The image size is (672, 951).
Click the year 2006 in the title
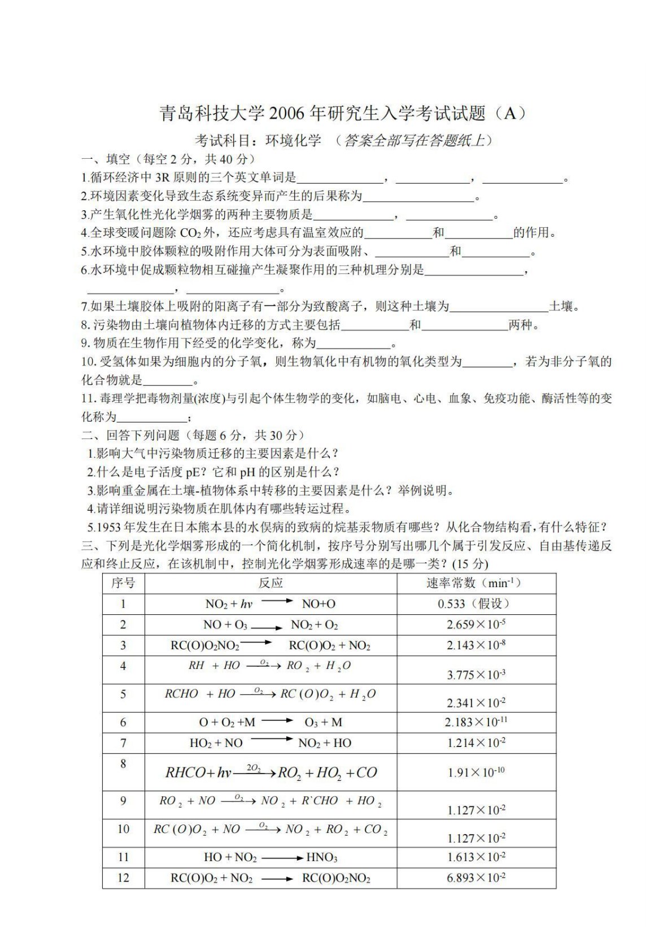(287, 114)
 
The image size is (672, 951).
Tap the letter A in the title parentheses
(509, 114)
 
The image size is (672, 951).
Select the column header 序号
(123, 583)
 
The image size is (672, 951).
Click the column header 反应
(270, 583)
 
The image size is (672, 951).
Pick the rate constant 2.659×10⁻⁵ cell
(475, 624)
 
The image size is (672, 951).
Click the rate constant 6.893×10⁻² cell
(475, 878)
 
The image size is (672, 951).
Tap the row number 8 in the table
(123, 764)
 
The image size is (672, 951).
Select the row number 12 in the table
(123, 878)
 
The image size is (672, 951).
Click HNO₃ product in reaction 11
(321, 858)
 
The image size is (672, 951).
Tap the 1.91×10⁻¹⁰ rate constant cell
(475, 772)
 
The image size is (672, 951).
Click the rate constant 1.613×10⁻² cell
(475, 858)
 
